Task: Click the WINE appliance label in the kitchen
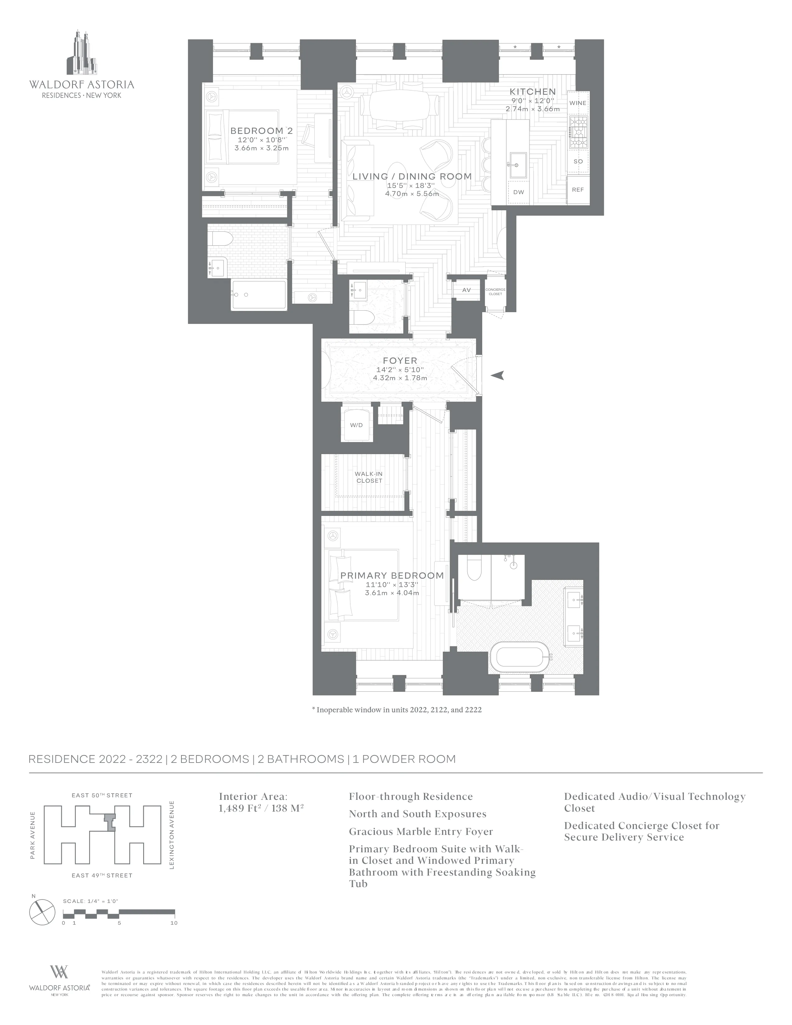pyautogui.click(x=578, y=103)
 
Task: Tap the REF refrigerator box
pyautogui.click(x=578, y=189)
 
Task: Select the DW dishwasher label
pyautogui.click(x=518, y=192)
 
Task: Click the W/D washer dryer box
pyautogui.click(x=357, y=425)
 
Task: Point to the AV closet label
pyautogui.click(x=467, y=290)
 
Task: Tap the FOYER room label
pyautogui.click(x=400, y=360)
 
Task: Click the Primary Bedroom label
pyautogui.click(x=392, y=575)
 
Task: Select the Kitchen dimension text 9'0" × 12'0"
pyautogui.click(x=533, y=100)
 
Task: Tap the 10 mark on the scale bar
pyautogui.click(x=174, y=923)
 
